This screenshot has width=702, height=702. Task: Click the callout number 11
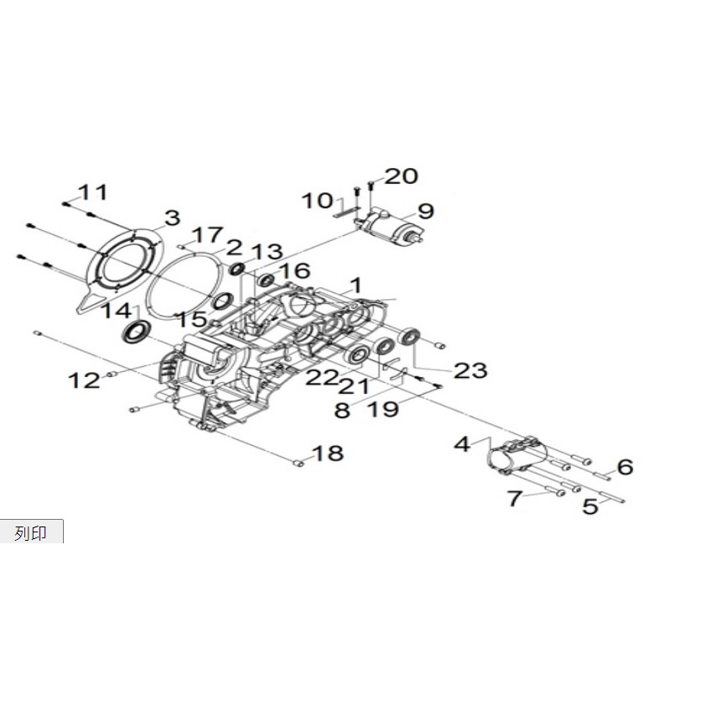click(94, 192)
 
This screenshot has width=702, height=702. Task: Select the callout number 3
click(171, 218)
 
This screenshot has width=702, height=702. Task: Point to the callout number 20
click(401, 175)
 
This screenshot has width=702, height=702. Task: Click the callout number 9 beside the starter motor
click(425, 211)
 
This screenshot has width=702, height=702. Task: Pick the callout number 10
click(318, 201)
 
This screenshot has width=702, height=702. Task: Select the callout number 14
click(117, 312)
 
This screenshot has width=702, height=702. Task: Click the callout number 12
click(84, 380)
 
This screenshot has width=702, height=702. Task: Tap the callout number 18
click(327, 454)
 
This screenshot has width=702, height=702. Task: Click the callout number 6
click(625, 466)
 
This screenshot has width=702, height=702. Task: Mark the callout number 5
click(590, 506)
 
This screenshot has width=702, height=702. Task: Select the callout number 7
click(514, 499)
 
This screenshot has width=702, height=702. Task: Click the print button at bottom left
click(31, 532)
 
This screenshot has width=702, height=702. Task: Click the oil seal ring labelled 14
click(135, 332)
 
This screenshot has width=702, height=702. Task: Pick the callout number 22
click(322, 378)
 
